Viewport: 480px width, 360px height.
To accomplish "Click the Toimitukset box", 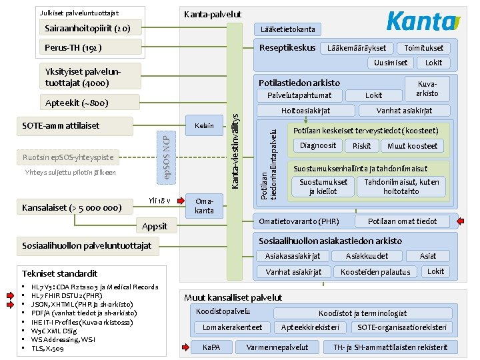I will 423,48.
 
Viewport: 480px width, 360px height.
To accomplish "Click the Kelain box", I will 204,126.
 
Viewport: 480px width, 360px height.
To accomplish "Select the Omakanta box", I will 204,206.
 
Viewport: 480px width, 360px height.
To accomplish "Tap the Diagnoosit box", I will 318,145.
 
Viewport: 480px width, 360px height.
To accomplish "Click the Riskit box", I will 362,146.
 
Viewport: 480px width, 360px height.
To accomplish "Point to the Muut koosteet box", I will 412,146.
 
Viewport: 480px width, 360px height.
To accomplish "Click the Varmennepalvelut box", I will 277,347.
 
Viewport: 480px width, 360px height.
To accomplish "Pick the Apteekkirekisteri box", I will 311,327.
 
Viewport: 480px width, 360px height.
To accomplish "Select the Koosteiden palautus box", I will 375,272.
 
